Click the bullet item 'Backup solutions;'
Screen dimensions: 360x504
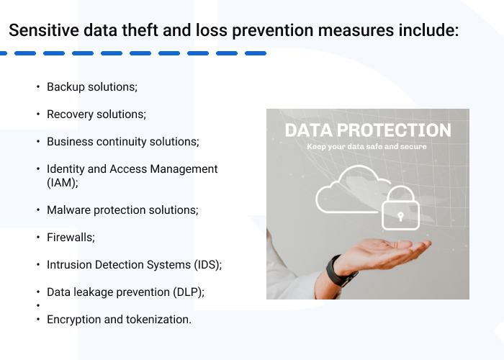[91, 87]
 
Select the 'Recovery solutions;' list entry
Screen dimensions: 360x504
[96, 114]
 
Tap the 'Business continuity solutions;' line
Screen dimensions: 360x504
[122, 142]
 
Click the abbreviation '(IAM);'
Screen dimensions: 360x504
[63, 183]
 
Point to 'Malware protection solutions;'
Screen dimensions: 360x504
[122, 210]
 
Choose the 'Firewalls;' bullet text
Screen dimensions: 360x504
[71, 237]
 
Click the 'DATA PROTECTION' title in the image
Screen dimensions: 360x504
[367, 130]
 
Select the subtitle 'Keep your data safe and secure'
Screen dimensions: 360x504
[367, 146]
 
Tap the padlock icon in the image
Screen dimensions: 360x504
[397, 207]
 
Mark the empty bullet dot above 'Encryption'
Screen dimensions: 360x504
[37, 305]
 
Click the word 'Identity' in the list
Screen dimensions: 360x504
[66, 169]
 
